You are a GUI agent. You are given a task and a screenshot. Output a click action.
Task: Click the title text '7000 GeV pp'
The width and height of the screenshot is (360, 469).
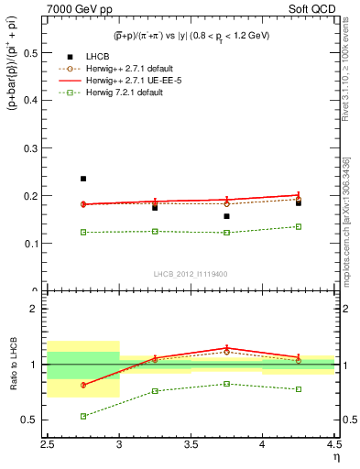(x=74, y=10)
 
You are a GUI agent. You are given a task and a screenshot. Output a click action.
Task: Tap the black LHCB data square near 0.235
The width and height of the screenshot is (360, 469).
(x=83, y=179)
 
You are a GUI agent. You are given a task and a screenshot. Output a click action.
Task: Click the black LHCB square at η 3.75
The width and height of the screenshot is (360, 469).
(x=226, y=216)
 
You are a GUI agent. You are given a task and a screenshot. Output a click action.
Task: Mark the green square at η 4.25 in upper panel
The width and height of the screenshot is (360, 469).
(x=298, y=226)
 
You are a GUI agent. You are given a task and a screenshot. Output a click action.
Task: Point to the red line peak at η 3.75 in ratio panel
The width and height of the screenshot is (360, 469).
(x=226, y=348)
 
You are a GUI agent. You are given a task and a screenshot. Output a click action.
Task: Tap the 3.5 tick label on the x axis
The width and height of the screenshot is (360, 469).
(x=191, y=444)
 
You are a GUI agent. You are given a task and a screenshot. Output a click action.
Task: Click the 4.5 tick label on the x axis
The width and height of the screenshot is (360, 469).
(x=333, y=444)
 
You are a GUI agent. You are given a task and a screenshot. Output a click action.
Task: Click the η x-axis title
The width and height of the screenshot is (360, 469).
(x=335, y=457)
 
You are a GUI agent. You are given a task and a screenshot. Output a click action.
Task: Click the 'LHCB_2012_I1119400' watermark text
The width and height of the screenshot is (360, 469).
(x=191, y=274)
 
